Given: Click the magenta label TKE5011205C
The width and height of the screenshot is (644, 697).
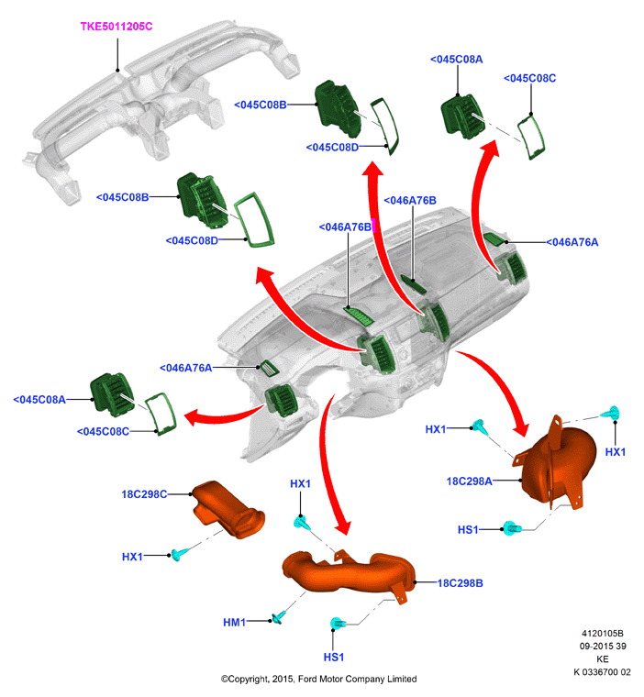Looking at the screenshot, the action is pos(117,27).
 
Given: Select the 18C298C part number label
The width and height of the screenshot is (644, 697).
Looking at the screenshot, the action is pos(144,494).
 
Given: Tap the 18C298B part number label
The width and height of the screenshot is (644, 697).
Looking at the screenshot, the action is pos(461,583).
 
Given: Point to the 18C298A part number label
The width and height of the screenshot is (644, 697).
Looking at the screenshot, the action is pos(469,481).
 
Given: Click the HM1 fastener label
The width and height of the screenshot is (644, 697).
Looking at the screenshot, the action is pos(234,623).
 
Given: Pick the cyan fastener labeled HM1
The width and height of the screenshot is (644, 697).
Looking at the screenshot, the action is pos(279,618).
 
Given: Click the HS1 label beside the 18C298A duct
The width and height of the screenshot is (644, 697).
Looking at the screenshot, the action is pos(468,530).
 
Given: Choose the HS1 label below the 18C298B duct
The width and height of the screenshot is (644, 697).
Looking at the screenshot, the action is pos(334,657).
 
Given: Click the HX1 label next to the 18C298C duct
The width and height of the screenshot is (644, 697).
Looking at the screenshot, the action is pos(132,557).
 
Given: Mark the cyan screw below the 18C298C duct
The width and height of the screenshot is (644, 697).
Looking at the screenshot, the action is pos(180,554).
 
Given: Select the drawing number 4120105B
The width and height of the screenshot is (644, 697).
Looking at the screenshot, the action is pos(603,634).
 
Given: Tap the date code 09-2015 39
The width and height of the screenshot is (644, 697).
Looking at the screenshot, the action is pos(603,647).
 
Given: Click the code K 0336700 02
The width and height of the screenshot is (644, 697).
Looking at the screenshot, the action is pos(602,672).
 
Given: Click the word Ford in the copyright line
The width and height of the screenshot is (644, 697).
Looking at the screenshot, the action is pos(307,680).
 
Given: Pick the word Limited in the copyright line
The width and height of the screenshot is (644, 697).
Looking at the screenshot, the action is pos(402,680).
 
